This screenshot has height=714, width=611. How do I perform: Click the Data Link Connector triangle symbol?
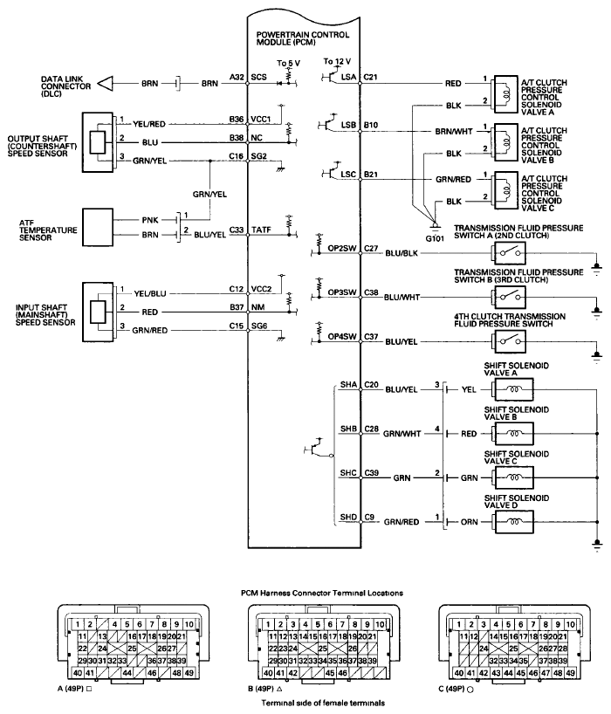tap(106, 84)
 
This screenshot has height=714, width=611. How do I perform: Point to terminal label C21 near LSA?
tap(370, 78)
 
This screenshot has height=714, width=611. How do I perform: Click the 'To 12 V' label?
tap(338, 62)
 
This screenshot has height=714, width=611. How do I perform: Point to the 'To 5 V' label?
tap(287, 64)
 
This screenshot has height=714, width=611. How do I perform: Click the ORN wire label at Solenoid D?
tap(469, 523)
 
